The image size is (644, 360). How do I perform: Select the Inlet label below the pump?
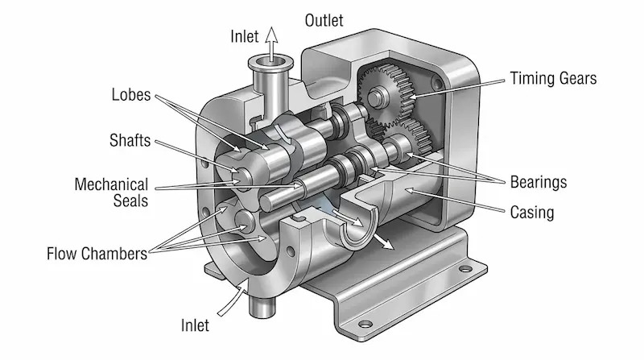196,326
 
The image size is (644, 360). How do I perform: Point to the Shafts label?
131,140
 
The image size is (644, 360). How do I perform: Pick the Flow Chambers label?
96,254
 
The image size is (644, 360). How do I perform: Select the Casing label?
532,213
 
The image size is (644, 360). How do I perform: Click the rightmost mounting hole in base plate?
464,271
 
